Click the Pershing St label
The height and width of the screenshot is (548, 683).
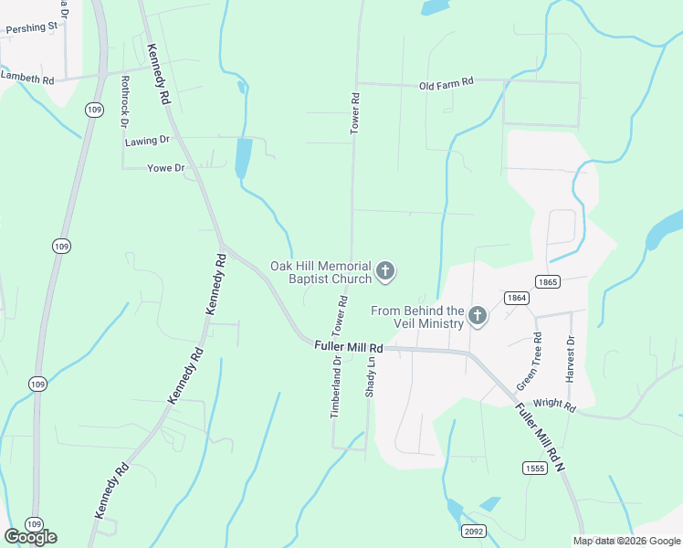31,28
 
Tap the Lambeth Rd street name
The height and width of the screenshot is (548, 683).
26,79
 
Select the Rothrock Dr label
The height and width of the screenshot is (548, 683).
124,95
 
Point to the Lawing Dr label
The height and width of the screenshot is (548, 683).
148,141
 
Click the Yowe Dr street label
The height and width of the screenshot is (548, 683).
166,168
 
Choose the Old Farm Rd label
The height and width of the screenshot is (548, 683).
446,84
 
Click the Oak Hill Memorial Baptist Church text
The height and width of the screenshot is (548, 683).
320,272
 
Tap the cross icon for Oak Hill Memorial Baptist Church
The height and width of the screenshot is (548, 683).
385,270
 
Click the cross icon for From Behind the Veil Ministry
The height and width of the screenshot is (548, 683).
477,316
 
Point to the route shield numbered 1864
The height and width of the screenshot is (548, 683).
516,298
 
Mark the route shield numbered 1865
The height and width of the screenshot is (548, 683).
548,282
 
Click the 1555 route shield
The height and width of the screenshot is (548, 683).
535,469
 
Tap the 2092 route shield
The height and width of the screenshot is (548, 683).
474,531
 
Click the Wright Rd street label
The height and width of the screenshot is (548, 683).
554,405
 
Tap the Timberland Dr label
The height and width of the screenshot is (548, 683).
336,386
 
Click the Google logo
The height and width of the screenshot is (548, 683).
30,537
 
